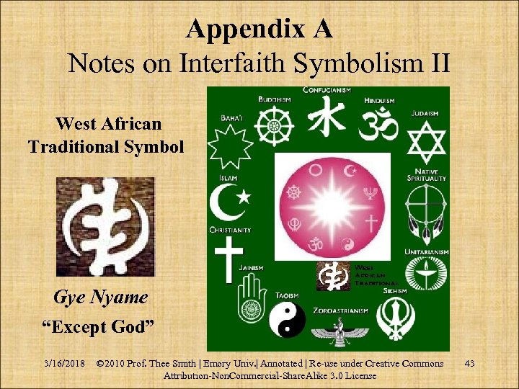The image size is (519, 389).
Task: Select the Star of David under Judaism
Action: [x=427, y=143]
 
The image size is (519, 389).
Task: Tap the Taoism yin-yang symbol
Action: [x=287, y=320]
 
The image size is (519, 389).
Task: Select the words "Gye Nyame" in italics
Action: [x=101, y=297]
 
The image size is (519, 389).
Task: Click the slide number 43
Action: [x=470, y=363]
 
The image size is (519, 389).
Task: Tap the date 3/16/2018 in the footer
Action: [x=64, y=363]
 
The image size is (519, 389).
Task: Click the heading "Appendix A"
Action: [x=259, y=29]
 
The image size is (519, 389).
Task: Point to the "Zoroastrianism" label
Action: [x=341, y=310]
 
